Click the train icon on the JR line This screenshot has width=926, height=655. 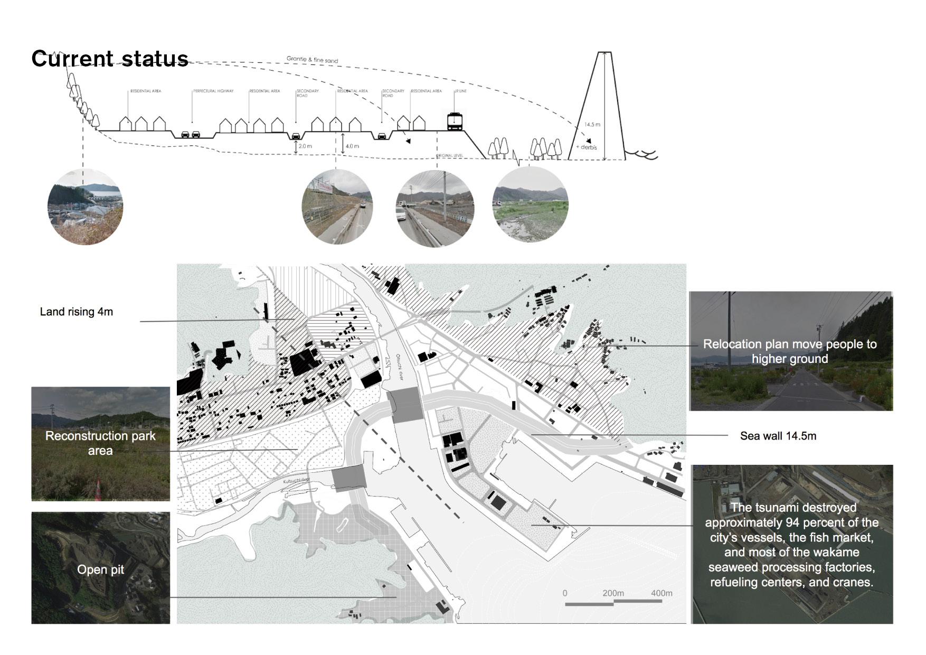tap(455, 121)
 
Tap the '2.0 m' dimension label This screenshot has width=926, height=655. tap(305, 146)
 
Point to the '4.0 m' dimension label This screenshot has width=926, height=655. tap(352, 146)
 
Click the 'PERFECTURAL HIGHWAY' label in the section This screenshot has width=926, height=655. tap(213, 91)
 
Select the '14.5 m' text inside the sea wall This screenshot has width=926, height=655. tap(592, 125)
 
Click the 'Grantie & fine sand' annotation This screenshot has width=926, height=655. tap(312, 60)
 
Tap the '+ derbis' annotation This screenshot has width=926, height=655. tap(587, 147)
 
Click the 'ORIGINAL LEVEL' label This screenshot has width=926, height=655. tap(449, 156)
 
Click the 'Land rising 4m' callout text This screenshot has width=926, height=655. tap(77, 312)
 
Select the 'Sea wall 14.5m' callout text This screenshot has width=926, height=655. tap(778, 436)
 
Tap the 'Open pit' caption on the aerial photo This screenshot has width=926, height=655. tap(100, 569)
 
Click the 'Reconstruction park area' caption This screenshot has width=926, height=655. tap(100, 443)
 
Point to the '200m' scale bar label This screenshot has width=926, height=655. tap(613, 593)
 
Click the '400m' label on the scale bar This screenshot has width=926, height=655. tap(662, 593)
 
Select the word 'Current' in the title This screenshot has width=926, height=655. tap(73, 59)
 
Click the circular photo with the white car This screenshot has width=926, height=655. tap(434, 208)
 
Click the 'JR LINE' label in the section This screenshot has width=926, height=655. tap(460, 91)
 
